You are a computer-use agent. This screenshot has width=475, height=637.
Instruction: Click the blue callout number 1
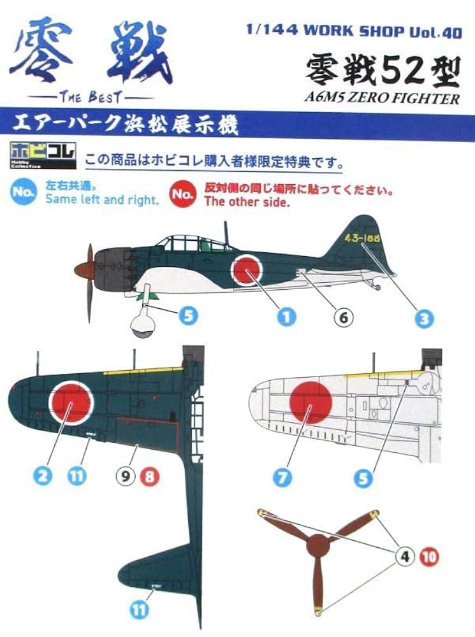(288, 317)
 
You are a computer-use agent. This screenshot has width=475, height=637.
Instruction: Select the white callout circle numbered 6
(343, 317)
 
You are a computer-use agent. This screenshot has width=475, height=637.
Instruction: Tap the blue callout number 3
(424, 318)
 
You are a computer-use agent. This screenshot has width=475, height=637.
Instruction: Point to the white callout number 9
(126, 476)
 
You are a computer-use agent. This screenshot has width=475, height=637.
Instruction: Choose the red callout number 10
(430, 557)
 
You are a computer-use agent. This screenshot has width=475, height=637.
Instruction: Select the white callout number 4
(405, 557)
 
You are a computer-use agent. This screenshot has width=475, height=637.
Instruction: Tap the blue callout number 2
(43, 476)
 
